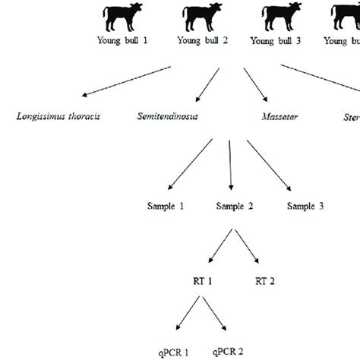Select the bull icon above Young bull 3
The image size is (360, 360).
(276, 17)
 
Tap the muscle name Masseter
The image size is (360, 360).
(276, 118)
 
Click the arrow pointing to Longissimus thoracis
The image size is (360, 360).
(126, 81)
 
